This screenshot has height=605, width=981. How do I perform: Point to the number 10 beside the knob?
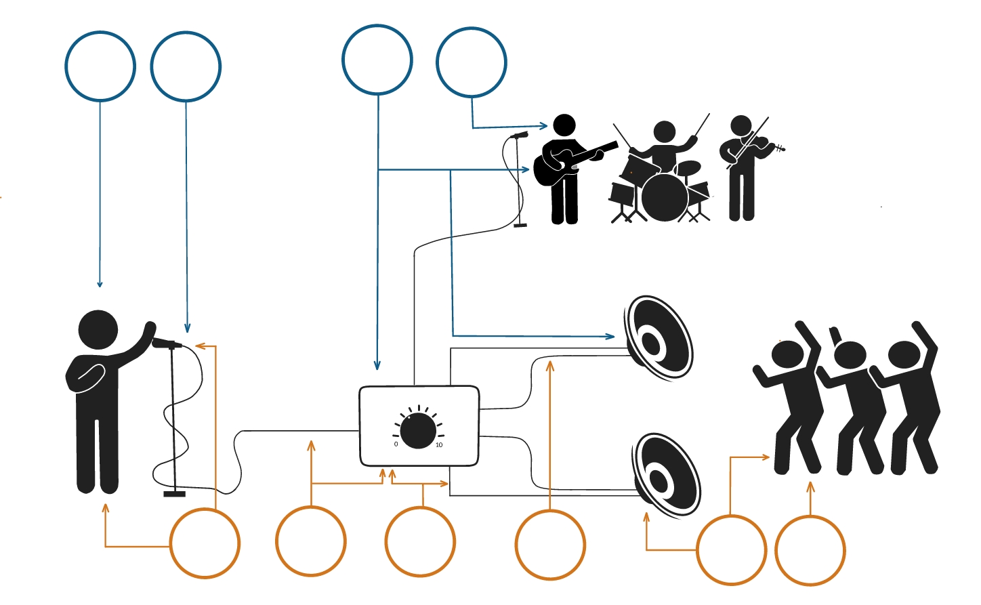click(439, 445)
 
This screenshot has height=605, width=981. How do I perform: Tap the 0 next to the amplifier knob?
click(396, 444)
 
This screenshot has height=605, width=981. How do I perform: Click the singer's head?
click(99, 330)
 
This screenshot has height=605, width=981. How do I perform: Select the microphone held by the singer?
click(165, 343)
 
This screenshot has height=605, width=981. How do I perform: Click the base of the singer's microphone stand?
click(174, 494)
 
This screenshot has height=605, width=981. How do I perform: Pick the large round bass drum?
click(664, 197)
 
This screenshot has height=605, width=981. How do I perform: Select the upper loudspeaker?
click(657, 337)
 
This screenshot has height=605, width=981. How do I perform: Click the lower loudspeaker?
click(665, 474)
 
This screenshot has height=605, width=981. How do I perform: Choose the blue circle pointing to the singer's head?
click(100, 66)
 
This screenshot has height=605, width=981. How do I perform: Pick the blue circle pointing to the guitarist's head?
click(472, 62)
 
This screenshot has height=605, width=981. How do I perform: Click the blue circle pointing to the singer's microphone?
click(186, 66)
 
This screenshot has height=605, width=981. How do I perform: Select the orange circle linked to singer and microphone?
click(205, 543)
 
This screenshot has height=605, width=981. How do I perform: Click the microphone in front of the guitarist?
click(519, 135)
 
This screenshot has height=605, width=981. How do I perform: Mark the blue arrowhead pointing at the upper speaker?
click(611, 336)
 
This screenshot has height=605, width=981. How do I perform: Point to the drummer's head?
click(664, 132)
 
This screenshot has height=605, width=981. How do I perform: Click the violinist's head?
click(741, 125)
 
